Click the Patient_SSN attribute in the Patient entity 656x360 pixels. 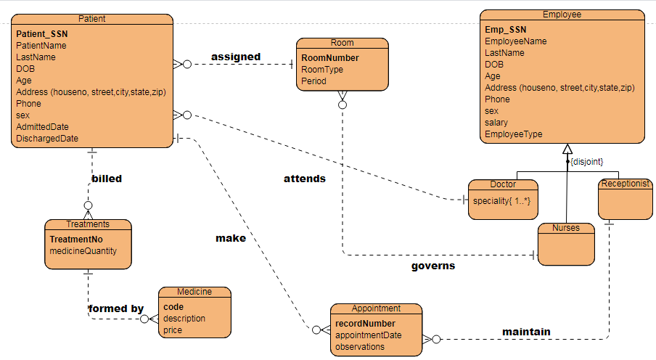[x=41, y=33]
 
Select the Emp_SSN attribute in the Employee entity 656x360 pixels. [x=506, y=30]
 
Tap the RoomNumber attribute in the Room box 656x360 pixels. [x=330, y=58]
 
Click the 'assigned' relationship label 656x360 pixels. [x=236, y=57]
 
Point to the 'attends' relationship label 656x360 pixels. [x=304, y=179]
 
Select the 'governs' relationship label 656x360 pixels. [x=433, y=266]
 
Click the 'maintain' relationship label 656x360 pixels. [x=526, y=332]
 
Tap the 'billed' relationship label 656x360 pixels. [x=107, y=179]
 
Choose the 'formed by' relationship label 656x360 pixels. [x=116, y=308]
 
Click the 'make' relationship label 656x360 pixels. [x=231, y=238]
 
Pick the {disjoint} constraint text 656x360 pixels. [x=587, y=161]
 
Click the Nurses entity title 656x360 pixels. [x=566, y=228]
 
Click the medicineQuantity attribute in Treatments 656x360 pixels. [x=83, y=251]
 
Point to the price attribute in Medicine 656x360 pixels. [x=173, y=330]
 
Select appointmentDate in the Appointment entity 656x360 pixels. [x=368, y=335]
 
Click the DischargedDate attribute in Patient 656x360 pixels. [x=47, y=139]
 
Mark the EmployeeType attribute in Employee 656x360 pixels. [x=513, y=134]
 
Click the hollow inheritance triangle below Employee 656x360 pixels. [x=567, y=150]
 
